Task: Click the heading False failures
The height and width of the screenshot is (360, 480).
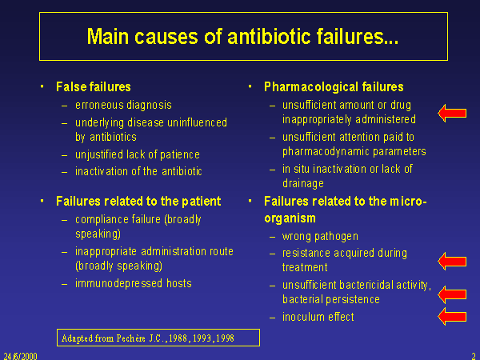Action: coord(94,87)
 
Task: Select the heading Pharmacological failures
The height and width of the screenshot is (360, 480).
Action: coord(334,87)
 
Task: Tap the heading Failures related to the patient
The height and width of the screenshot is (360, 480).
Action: coord(138,202)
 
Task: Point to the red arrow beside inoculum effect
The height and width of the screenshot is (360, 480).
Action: coord(452,317)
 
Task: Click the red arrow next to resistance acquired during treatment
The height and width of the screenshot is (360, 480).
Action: coord(452,262)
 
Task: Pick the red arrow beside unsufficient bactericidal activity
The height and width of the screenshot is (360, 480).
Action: coord(452,294)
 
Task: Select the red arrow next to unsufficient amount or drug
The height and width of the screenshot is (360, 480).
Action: coord(452,114)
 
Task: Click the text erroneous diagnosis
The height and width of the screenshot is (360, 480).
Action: coord(123,105)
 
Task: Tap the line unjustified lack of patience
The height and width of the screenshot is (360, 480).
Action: coord(138,154)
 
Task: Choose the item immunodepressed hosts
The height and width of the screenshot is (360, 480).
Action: coord(134,283)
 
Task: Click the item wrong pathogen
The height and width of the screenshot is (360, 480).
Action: coord(320,236)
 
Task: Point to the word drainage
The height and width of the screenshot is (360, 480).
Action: coord(303,183)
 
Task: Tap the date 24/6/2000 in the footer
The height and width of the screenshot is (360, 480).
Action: coord(20,356)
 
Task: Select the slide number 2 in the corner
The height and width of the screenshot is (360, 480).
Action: coord(474,356)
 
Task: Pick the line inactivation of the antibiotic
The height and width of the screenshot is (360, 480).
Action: coord(138,171)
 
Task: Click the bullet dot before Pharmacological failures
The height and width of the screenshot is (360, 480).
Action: coord(250,86)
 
